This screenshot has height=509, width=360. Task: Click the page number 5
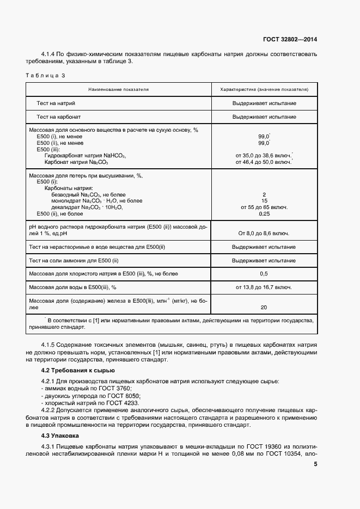(x=315, y=464)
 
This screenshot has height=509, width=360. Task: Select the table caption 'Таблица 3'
(x=45, y=75)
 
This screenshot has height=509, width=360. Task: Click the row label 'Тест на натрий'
(x=56, y=103)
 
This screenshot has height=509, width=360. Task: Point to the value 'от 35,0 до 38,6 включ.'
(x=264, y=156)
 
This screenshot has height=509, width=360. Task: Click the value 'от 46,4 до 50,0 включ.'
(x=264, y=162)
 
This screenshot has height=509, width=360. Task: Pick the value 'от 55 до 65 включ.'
(x=264, y=207)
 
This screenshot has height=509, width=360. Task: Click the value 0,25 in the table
(x=264, y=214)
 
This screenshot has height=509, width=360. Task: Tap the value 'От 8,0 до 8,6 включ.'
(x=264, y=234)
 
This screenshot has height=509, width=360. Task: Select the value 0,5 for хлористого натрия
(x=264, y=273)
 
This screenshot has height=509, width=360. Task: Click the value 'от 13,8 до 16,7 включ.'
(x=264, y=287)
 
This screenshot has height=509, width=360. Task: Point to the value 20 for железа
(x=264, y=307)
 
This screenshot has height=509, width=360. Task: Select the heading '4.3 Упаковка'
(x=60, y=436)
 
